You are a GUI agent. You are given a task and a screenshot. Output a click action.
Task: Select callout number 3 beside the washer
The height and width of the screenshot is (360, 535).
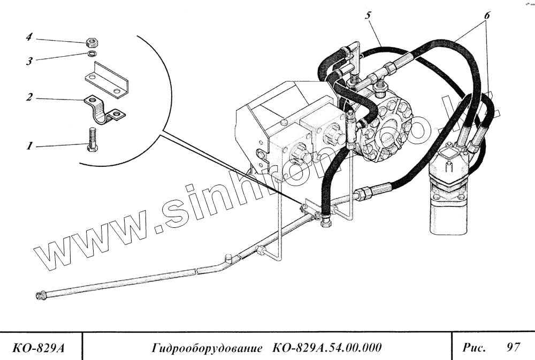click(x=30, y=62)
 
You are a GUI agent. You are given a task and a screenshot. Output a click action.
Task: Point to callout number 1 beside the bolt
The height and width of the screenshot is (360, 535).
click(x=30, y=144)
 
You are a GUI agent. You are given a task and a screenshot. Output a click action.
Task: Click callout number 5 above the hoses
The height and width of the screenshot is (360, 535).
click(x=369, y=15)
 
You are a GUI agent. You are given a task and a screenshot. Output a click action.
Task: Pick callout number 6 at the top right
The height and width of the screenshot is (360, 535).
click(x=486, y=15)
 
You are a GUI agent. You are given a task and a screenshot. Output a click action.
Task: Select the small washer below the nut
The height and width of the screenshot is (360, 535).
click(x=91, y=53)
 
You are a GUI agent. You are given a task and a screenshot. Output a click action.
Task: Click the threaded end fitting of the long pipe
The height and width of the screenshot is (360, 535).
click(x=41, y=295)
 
